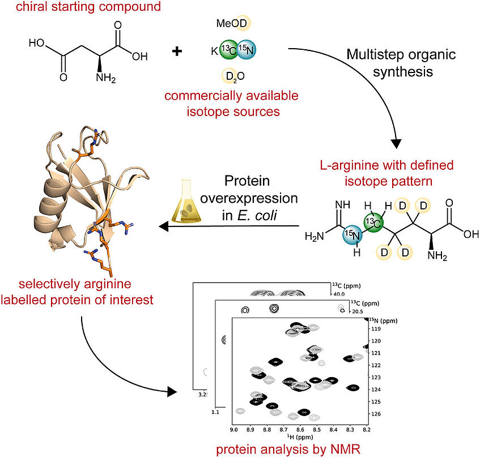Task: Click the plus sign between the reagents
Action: click(x=177, y=51)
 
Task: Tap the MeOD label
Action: click(x=232, y=23)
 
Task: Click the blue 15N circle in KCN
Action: click(x=247, y=49)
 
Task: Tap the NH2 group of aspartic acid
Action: click(x=105, y=78)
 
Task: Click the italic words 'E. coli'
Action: click(x=257, y=215)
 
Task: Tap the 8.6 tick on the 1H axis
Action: click(x=300, y=430)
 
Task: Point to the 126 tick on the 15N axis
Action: click(x=376, y=414)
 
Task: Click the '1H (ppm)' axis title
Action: click(x=300, y=436)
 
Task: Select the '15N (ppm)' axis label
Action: click(x=383, y=320)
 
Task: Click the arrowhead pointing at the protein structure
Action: click(x=164, y=226)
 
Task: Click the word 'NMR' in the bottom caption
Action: click(x=345, y=450)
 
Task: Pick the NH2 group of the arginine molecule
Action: click(x=437, y=255)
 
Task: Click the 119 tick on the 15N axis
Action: click(x=376, y=329)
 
